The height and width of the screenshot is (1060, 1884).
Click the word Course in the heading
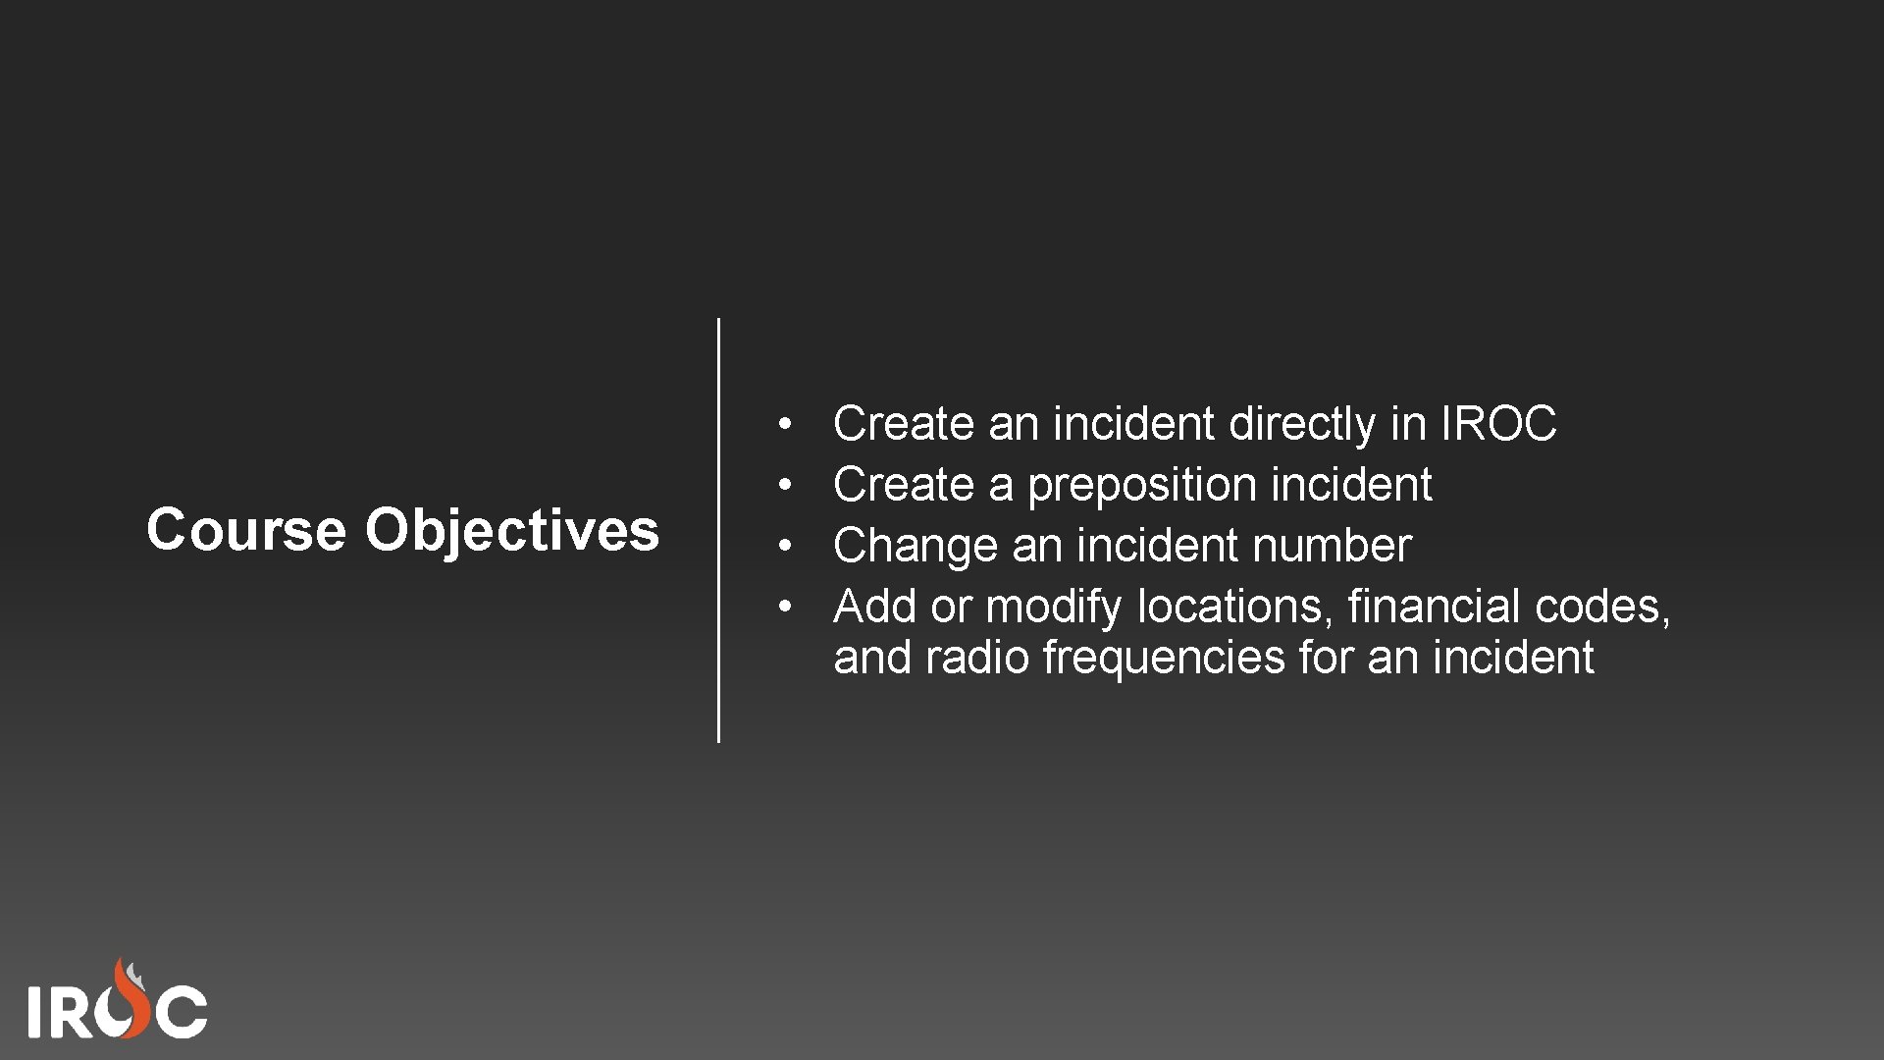click(245, 530)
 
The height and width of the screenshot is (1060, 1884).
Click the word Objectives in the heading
click(512, 530)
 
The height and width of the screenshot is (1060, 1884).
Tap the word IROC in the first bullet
click(1498, 424)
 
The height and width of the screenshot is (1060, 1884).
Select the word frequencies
click(1163, 658)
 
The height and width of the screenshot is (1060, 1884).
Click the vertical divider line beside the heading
click(718, 530)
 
